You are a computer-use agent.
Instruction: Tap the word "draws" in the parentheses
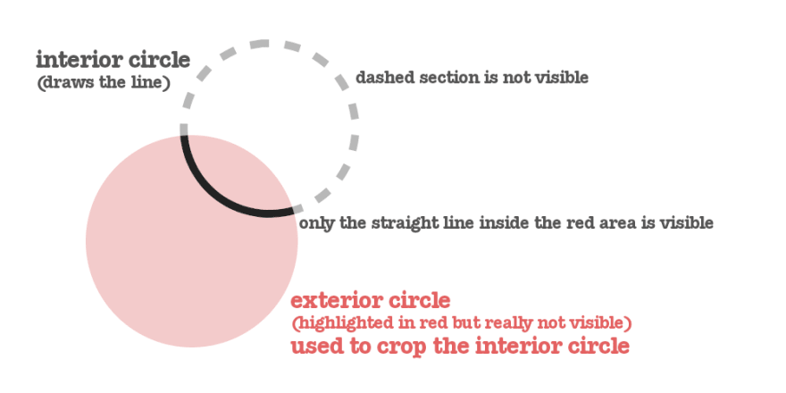pos(68,84)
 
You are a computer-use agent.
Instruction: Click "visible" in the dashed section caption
pos(559,78)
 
